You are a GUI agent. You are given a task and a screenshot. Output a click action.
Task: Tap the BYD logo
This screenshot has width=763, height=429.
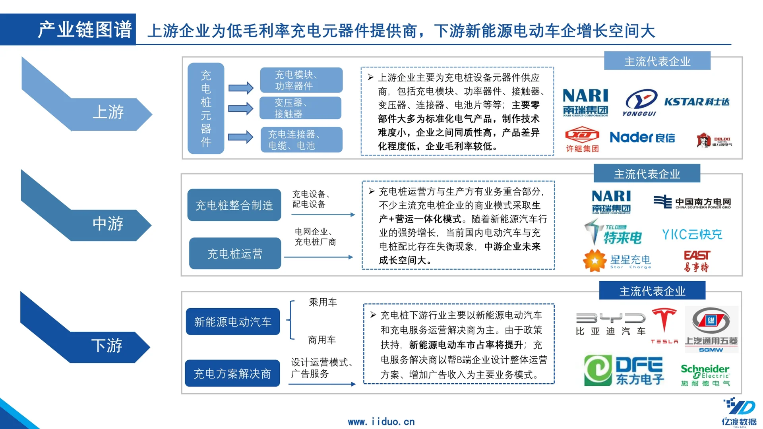[610, 324]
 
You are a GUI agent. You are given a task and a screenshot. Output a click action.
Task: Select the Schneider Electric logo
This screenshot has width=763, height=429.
[705, 375]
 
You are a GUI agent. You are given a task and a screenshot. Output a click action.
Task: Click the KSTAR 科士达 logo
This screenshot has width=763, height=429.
[697, 102]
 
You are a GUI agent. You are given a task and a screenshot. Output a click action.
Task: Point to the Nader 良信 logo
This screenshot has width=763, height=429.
[642, 137]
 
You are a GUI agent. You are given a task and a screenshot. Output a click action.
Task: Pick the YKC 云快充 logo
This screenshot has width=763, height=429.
[692, 234]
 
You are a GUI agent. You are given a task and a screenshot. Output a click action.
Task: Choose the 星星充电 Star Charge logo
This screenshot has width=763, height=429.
[616, 261]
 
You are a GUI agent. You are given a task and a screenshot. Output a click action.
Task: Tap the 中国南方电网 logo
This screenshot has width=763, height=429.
[692, 202]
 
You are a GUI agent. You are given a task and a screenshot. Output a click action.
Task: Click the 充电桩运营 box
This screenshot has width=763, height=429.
[235, 253]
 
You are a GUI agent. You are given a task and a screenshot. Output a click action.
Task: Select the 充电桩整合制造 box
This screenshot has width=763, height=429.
[234, 205]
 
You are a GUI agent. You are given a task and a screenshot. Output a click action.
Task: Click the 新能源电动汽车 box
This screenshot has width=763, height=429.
[232, 321]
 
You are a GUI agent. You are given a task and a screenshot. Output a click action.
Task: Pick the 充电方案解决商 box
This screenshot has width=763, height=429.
[232, 373]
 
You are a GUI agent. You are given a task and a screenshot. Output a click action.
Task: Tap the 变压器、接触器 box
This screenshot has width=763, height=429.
[300, 108]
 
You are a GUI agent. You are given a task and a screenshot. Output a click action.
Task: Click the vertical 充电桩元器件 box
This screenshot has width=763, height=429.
[206, 108]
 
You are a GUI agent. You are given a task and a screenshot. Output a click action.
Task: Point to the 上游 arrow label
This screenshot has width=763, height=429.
[108, 112]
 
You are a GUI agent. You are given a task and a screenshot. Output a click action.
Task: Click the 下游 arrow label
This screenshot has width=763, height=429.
[107, 346]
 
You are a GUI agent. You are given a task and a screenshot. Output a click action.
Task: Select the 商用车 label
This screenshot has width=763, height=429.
[322, 340]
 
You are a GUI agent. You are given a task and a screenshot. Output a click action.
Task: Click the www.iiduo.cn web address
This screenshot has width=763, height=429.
[381, 421]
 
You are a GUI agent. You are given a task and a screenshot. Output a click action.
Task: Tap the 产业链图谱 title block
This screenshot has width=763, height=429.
[85, 30]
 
